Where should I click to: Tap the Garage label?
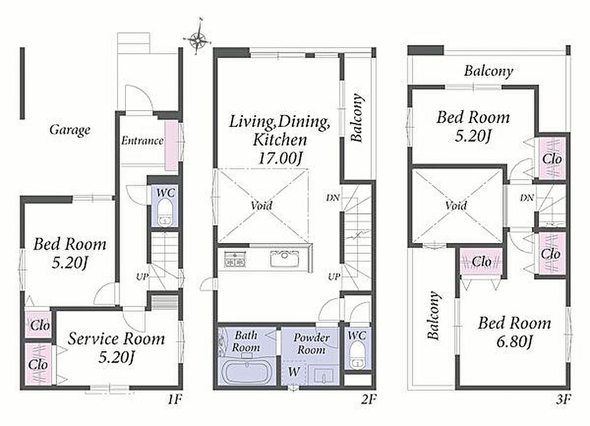(x=70, y=130)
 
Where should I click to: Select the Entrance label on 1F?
(x=142, y=141)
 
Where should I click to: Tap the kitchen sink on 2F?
(x=284, y=259)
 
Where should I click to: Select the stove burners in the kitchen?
(x=235, y=259)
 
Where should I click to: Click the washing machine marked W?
(x=294, y=373)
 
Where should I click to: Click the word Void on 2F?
(x=261, y=206)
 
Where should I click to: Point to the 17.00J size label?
(x=280, y=158)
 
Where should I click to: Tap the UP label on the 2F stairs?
(x=334, y=276)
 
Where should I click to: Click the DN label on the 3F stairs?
(x=527, y=197)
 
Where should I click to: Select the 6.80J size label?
(x=514, y=342)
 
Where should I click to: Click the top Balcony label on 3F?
(x=488, y=71)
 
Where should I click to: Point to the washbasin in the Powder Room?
(x=324, y=375)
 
